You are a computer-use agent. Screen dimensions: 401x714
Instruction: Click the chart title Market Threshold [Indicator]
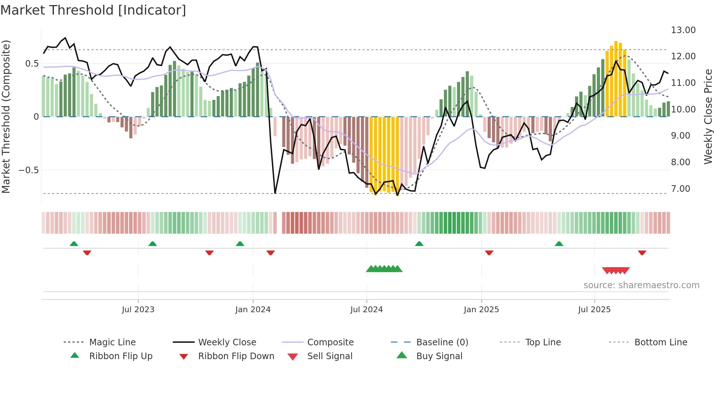93,10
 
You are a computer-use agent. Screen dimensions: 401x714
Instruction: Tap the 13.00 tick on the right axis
683,30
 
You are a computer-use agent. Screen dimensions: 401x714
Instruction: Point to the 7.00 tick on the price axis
680,189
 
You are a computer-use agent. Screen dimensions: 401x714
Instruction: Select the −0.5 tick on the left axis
28,170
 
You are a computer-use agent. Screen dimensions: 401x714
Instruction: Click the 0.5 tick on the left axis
32,64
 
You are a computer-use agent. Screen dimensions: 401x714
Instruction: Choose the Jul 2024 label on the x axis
366,310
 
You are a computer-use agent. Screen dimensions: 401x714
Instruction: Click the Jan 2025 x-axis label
481,310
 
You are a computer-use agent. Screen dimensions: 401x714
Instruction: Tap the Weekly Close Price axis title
708,116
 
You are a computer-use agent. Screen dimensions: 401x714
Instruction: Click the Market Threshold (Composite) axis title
6,116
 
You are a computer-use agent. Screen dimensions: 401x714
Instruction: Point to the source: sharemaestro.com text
641,285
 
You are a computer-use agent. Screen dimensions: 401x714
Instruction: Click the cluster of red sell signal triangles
616,270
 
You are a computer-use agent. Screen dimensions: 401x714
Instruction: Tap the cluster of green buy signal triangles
384,269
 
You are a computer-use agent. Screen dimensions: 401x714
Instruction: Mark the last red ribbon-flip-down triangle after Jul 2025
642,253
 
